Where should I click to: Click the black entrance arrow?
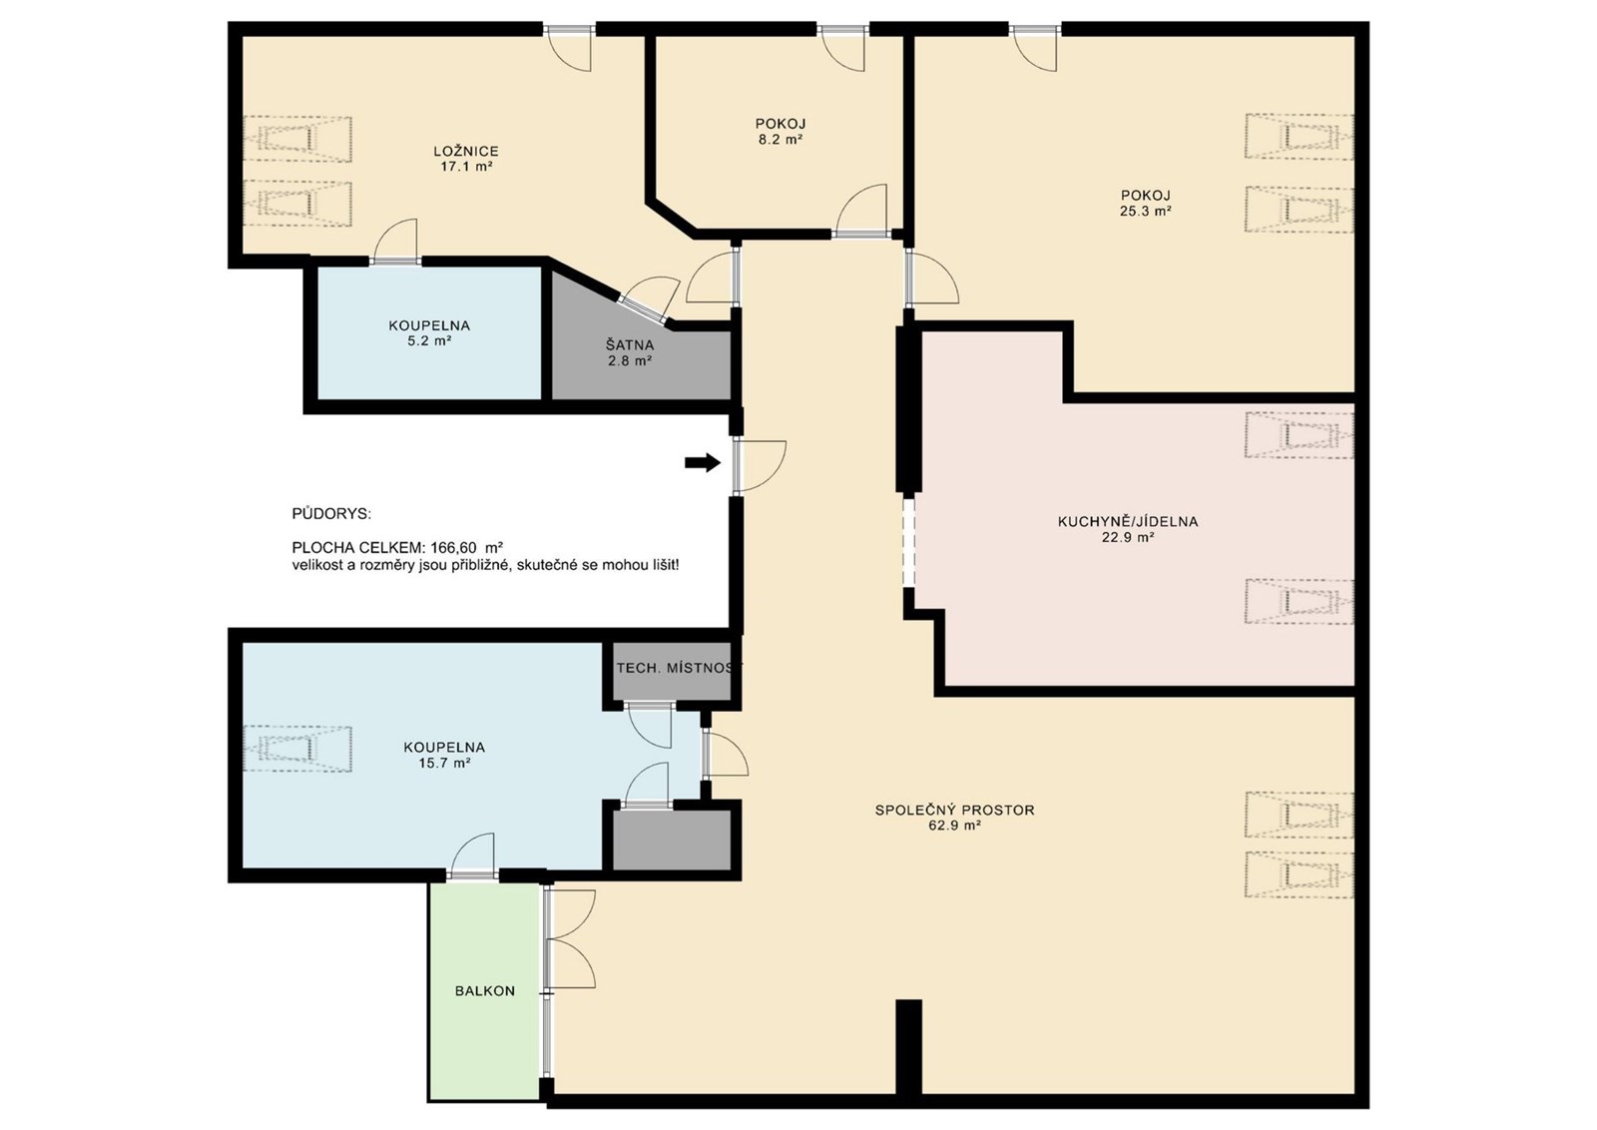(x=703, y=463)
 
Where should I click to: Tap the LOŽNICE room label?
(x=466, y=151)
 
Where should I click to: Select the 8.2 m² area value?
(x=781, y=140)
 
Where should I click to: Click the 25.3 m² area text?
(x=1146, y=211)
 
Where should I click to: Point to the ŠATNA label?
(x=630, y=345)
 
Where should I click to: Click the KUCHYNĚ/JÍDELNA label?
(x=1128, y=522)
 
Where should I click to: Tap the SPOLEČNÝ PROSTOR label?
(x=954, y=810)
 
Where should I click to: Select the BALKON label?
(x=485, y=991)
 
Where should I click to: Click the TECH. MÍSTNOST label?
(x=679, y=668)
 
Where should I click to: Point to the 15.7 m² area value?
(x=444, y=763)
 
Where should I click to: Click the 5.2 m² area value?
(x=429, y=340)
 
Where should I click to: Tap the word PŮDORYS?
(x=331, y=514)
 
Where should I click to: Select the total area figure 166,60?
(x=455, y=548)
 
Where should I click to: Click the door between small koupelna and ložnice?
(x=395, y=242)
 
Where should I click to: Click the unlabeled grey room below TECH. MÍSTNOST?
(x=673, y=840)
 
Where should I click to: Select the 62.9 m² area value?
(x=955, y=826)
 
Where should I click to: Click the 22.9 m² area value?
(x=1128, y=538)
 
